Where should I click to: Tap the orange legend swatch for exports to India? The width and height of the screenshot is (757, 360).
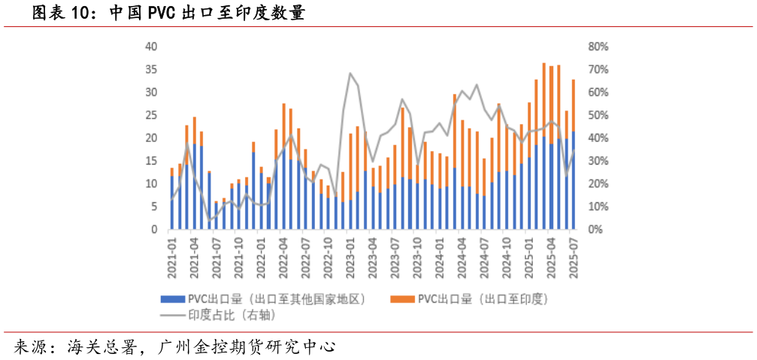click(402, 299)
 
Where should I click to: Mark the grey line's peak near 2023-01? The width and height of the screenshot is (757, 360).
click(350, 74)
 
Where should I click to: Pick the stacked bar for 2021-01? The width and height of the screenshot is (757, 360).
click(172, 198)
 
